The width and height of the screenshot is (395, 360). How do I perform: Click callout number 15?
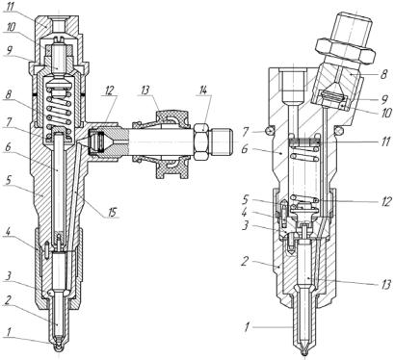[x=111, y=213]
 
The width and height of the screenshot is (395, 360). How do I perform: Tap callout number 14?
[x=202, y=91]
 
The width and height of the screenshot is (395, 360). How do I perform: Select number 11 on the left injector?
[x=11, y=8]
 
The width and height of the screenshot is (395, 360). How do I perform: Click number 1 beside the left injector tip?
[x=10, y=332]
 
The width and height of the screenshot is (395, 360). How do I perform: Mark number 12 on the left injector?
[x=110, y=91]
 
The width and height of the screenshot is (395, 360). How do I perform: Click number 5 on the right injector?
[x=246, y=199]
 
